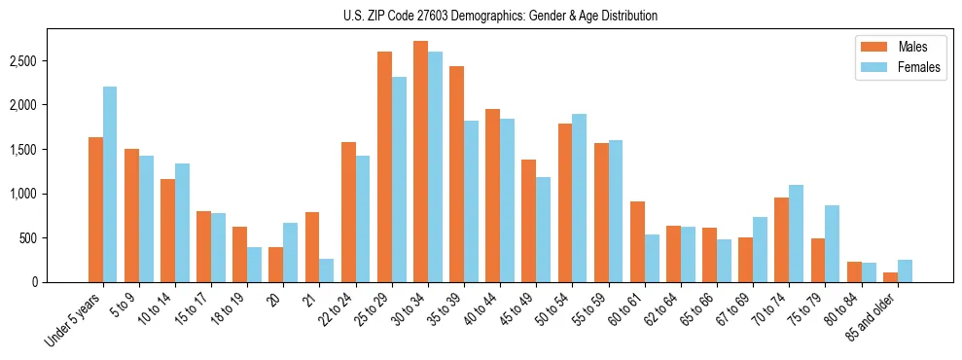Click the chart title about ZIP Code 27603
[500, 16]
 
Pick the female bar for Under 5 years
[110, 185]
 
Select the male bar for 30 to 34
[420, 162]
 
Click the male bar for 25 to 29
[384, 166]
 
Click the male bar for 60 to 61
[637, 242]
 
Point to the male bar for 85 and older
[890, 277]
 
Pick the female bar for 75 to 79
[833, 244]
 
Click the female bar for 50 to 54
[579, 198]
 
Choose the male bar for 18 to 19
[239, 255]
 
